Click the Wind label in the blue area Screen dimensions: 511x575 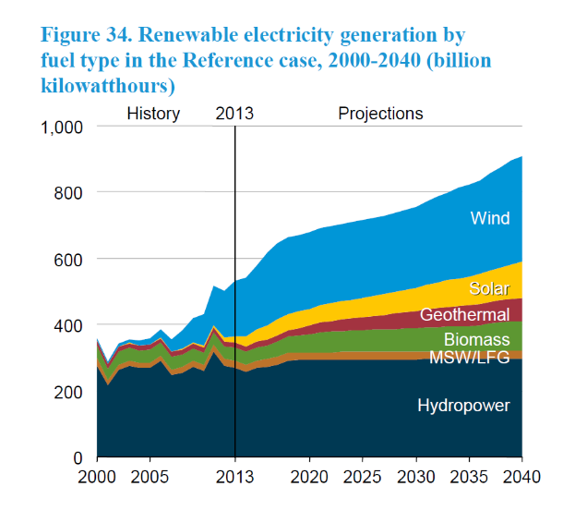[x=490, y=219]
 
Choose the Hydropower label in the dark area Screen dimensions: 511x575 [x=463, y=405]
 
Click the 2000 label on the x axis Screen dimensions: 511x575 [x=97, y=481]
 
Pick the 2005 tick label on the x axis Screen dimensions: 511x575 [x=150, y=481]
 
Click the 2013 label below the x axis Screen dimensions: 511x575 [x=234, y=481]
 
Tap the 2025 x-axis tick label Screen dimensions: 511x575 [x=362, y=481]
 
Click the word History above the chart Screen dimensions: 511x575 [x=153, y=114]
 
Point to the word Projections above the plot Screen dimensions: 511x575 [x=380, y=114]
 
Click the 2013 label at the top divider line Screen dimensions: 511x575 [x=234, y=114]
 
